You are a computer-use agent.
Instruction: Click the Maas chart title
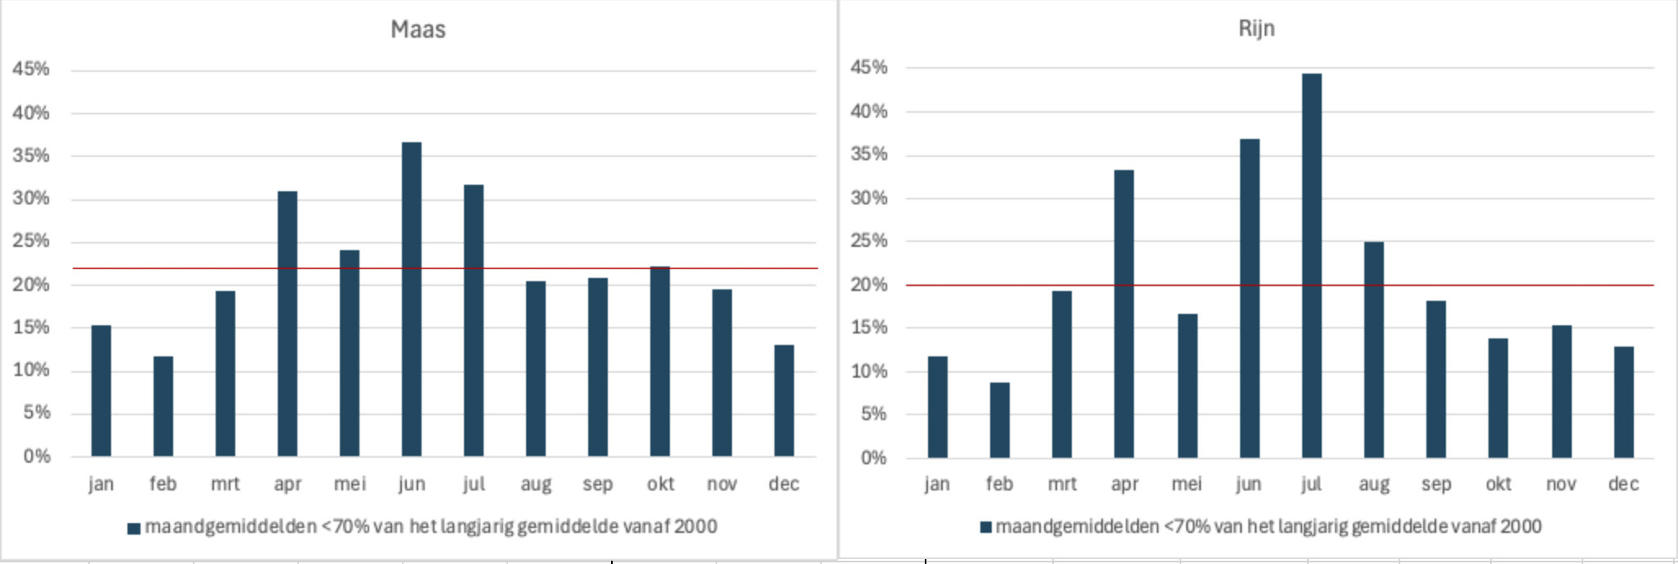click(417, 29)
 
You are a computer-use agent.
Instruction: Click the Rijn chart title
click(1256, 29)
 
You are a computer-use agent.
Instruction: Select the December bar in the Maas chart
click(783, 401)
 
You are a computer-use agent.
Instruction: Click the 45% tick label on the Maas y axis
click(31, 69)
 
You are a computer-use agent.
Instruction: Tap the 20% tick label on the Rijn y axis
click(868, 284)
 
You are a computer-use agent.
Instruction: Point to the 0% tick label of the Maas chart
click(37, 456)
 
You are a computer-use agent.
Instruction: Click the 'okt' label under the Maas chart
click(660, 484)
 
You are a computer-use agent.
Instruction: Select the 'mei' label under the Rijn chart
click(1186, 484)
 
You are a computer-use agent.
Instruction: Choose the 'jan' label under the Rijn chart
click(937, 484)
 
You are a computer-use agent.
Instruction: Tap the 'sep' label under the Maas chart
click(597, 484)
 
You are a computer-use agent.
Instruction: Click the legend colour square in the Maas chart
click(134, 528)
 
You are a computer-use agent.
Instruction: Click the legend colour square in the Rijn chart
click(985, 527)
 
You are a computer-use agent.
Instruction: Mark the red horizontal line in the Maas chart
click(49, 268)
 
